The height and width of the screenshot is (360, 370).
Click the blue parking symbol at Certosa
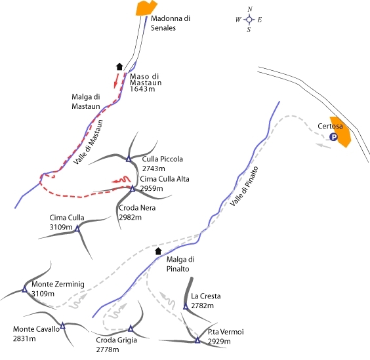pyautogui.click(x=333, y=137)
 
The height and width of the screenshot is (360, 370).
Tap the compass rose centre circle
pyautogui.click(x=249, y=20)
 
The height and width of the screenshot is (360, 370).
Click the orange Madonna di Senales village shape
pyautogui.click(x=146, y=8)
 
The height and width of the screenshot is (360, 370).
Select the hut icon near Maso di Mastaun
pyautogui.click(x=119, y=66)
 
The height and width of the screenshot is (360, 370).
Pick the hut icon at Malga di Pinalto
pyautogui.click(x=158, y=251)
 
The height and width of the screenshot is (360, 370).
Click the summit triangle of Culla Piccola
pyautogui.click(x=129, y=159)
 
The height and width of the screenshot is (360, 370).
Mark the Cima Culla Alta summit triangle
pyautogui.click(x=133, y=189)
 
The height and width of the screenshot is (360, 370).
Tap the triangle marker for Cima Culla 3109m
pyautogui.click(x=77, y=228)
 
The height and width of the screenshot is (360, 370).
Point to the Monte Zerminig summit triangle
pyautogui.click(x=24, y=289)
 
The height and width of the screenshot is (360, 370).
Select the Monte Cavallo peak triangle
pyautogui.click(x=62, y=326)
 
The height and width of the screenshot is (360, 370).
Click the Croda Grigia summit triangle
pyautogui.click(x=131, y=328)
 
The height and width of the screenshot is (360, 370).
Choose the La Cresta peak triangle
pyautogui.click(x=186, y=306)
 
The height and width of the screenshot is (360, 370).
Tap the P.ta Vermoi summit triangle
pyautogui.click(x=197, y=340)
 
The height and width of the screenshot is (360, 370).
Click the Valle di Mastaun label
pyautogui.click(x=89, y=142)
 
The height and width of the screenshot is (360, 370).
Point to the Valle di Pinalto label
pyautogui.click(x=244, y=186)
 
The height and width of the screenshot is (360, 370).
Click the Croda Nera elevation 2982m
pyautogui.click(x=131, y=217)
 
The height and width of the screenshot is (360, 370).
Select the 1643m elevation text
pyautogui.click(x=142, y=89)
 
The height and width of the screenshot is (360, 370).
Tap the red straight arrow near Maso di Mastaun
pyautogui.click(x=116, y=80)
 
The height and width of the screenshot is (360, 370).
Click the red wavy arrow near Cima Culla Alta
pyautogui.click(x=121, y=180)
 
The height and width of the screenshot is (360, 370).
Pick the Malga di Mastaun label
pyautogui.click(x=86, y=102)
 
